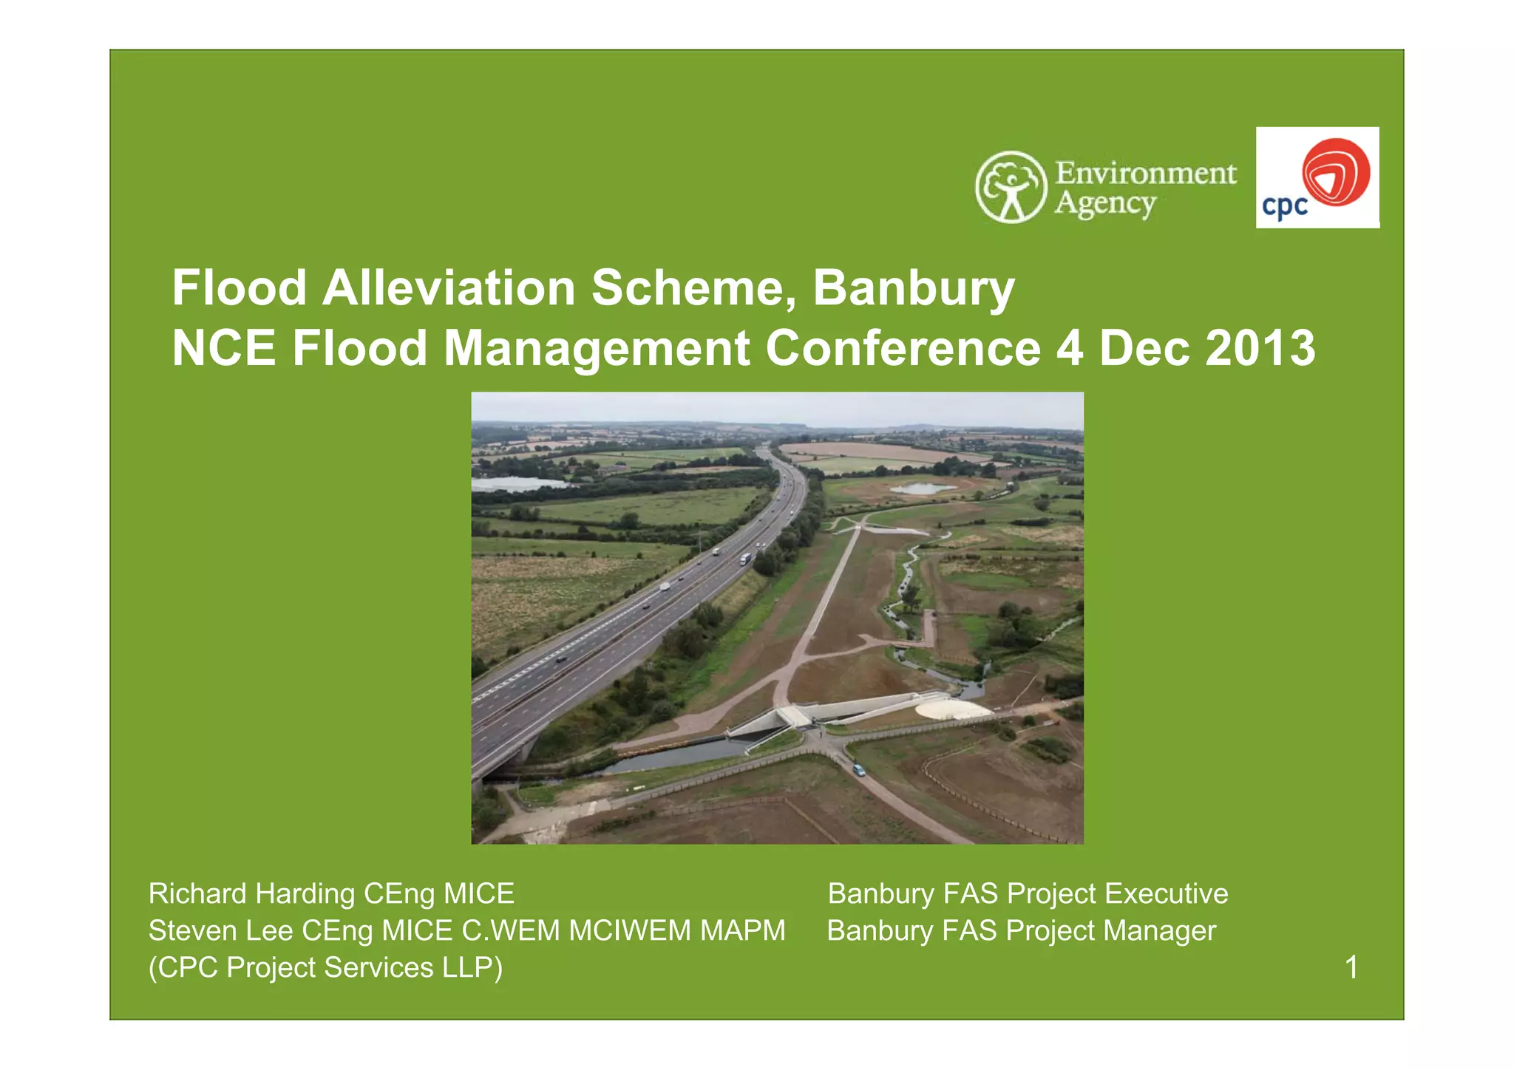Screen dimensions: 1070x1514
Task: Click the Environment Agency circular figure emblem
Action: click(1011, 187)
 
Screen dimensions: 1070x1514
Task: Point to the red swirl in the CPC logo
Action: click(1336, 171)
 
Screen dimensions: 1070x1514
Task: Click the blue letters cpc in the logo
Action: click(1285, 206)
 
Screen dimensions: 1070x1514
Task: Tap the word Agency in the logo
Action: click(1104, 204)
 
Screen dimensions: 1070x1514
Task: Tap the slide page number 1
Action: click(1351, 967)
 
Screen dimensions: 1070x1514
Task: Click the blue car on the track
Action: click(858, 770)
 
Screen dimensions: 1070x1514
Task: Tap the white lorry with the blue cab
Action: click(745, 559)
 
